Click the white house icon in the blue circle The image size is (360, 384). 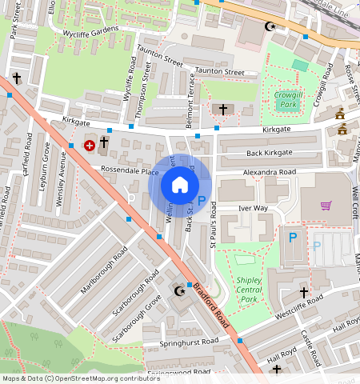tap(180, 185)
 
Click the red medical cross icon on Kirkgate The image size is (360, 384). tap(90, 146)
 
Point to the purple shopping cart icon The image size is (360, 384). tap(326, 206)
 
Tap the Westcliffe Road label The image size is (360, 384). tap(298, 304)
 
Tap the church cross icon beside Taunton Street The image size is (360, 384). tap(222, 108)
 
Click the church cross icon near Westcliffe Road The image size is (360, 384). tap(304, 293)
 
